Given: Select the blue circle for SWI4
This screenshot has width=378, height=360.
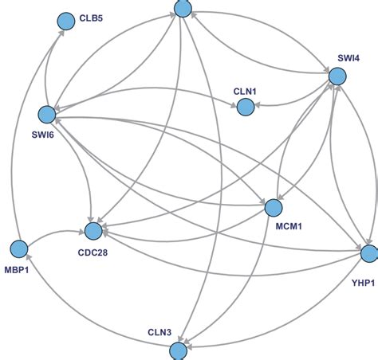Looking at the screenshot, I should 337,76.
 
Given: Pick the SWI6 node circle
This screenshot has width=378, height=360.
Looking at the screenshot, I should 46,115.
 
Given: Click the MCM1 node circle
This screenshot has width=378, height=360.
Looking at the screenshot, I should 274,208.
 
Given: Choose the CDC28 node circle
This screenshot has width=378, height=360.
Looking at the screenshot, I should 93,232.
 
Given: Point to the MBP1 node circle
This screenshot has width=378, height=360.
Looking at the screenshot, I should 19,249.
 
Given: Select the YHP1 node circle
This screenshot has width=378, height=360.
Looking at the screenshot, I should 368,254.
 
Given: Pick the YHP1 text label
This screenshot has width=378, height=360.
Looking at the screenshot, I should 364,282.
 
